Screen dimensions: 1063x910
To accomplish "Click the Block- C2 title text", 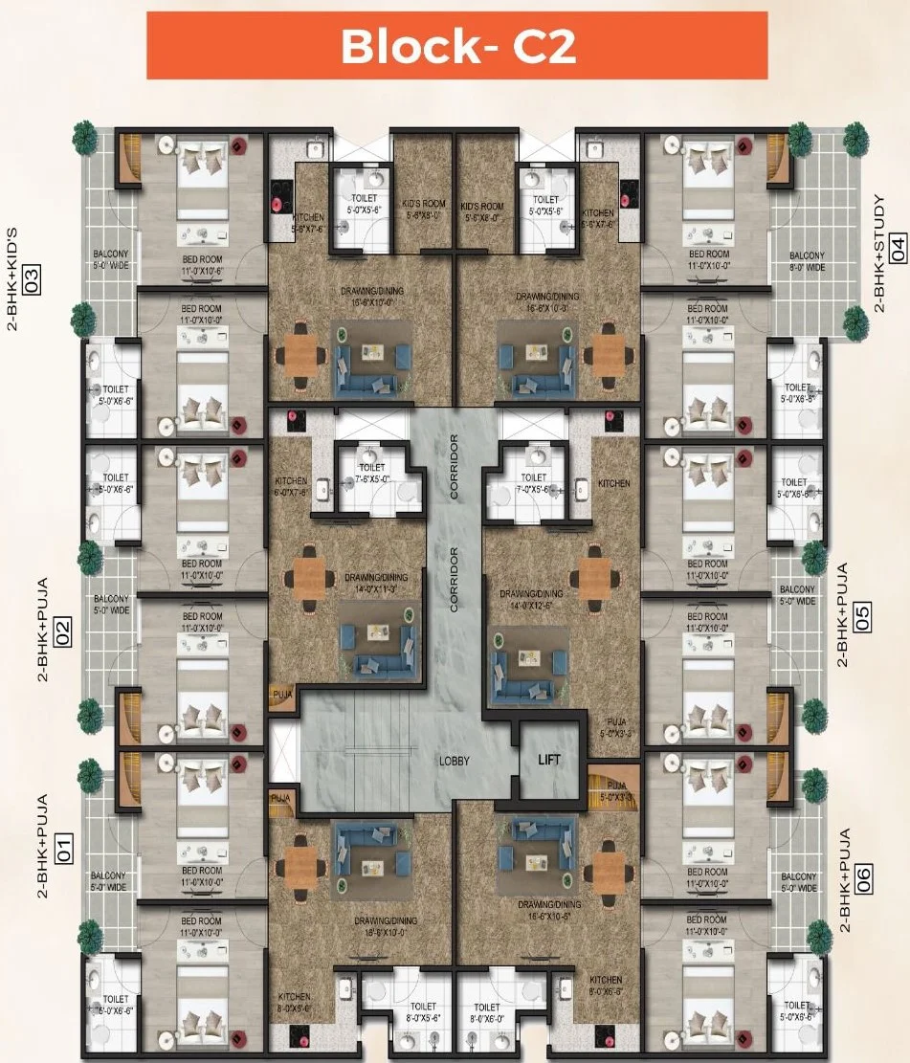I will pos(457,46).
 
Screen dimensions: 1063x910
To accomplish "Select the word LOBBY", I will pos(455,762).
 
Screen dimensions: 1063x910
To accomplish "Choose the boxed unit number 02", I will pos(63,632).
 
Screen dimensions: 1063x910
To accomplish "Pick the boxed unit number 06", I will pos(863,879).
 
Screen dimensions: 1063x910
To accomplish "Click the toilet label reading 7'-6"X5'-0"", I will pos(371,473).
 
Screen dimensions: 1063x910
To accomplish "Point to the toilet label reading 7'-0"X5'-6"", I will pos(534,483).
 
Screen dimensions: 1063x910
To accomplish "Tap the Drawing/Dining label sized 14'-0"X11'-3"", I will pos(369,584).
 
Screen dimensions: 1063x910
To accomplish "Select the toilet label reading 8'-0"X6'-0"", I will pos(486,1013).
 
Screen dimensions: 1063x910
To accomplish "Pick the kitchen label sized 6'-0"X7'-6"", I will pos(291,487).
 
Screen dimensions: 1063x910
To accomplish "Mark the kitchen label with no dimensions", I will pos(613,484).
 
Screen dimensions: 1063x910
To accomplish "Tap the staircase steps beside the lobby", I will pos(364,752).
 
